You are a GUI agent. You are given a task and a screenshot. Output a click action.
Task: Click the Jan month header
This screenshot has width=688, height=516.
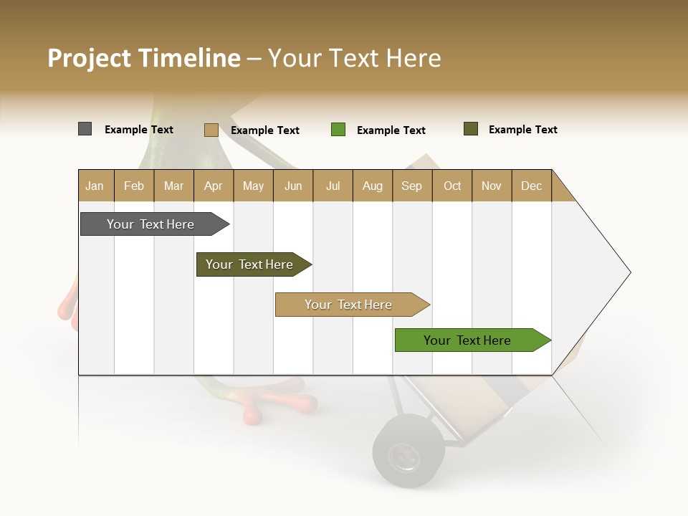95,186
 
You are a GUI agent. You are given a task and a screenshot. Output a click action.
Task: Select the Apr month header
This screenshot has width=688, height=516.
214,186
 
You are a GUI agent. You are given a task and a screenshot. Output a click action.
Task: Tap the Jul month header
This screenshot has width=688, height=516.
333,186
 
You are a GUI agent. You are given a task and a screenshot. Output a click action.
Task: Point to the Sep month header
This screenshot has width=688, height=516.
412,186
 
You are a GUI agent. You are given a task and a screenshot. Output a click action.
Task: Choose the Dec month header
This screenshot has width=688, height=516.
531,186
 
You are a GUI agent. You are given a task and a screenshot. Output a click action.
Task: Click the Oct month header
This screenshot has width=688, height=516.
452,186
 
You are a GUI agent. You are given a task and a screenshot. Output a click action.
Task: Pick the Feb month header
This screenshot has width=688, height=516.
134,186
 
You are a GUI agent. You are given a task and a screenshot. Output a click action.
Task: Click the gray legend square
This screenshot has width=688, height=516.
85,129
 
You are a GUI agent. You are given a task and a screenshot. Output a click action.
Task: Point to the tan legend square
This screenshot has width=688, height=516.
211,130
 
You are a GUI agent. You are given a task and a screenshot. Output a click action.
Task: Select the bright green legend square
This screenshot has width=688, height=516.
338,130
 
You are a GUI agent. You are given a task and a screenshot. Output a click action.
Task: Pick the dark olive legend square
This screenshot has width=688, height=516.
471,129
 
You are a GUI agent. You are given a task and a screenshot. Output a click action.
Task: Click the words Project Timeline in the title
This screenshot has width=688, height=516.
143,58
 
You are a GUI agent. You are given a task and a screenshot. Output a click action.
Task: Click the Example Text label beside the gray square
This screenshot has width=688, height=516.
139,130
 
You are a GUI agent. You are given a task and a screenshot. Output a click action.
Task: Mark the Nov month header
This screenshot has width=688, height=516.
492,186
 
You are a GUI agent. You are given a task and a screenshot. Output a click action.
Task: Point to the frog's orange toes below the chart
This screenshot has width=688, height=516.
279,405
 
